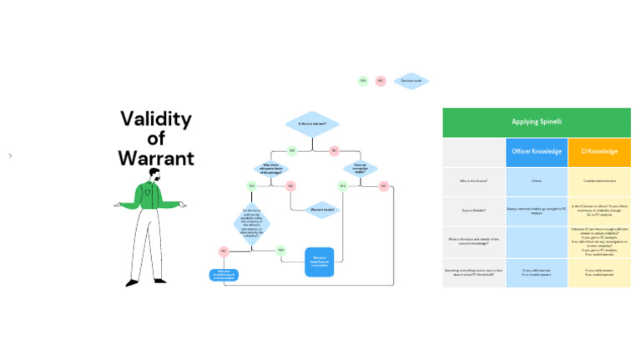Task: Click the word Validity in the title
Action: [155, 119]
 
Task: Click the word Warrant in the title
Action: [155, 158]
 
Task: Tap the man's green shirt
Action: [151, 197]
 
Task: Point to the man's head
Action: [154, 175]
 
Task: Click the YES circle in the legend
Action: [363, 81]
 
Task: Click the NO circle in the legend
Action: [381, 81]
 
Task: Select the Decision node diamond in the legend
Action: [411, 81]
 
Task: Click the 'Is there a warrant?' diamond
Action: [312, 124]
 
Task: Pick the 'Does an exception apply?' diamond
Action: [360, 168]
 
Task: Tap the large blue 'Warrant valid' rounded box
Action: [319, 261]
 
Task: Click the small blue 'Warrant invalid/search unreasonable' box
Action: [223, 273]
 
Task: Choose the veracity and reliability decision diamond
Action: [251, 224]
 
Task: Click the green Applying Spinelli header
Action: [536, 122]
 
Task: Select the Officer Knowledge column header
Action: [537, 152]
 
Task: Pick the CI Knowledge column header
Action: [599, 152]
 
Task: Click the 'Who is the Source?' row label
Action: [474, 180]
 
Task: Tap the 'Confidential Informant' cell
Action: [599, 180]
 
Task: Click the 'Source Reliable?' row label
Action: [474, 210]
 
